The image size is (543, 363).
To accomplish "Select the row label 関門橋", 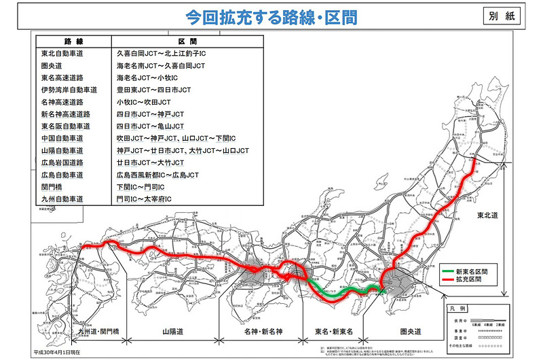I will [50, 187].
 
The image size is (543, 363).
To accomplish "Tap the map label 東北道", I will [487, 215].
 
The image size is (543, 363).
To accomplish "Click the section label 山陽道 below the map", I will [173, 332].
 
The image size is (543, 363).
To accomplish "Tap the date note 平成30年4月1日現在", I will [62, 353].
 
